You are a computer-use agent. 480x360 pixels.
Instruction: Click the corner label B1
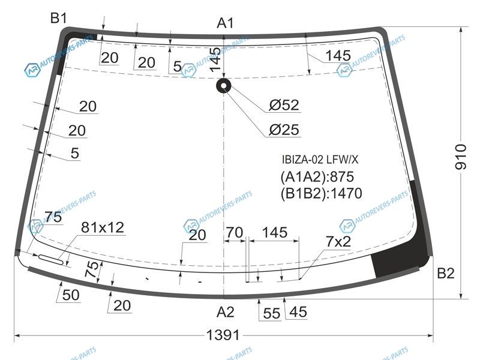coord(58,18)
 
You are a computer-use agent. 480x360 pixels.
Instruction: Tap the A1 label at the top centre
coord(226,23)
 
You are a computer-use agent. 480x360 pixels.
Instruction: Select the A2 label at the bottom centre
coord(226,312)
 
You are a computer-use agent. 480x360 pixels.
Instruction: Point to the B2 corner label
coord(446,273)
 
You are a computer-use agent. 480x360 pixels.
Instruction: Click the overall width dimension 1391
coord(223,335)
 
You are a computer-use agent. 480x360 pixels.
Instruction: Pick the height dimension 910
coord(461,157)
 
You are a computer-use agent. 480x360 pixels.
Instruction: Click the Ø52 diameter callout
coord(284,105)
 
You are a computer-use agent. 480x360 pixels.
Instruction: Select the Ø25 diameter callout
coord(284,130)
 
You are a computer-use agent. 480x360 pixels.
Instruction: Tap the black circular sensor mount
coord(224,85)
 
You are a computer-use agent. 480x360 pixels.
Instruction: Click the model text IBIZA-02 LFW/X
coord(320,160)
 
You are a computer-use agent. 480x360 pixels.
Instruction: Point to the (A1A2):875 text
coord(317,176)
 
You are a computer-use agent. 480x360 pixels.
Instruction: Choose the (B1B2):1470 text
coord(322,193)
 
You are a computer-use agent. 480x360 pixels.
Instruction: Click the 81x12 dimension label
coord(103,227)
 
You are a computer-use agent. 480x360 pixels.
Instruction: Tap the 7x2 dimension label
coord(338,242)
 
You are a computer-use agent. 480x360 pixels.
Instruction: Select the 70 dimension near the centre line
coord(235,233)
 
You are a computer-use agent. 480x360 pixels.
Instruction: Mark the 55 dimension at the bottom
coord(272,313)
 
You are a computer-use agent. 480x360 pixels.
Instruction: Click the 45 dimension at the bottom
coord(298,312)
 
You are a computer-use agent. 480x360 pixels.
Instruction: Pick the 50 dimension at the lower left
coord(71,295)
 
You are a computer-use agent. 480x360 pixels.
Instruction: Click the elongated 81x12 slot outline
coord(51,259)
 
